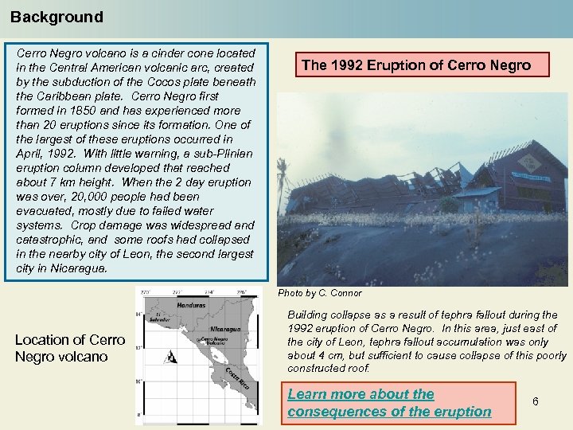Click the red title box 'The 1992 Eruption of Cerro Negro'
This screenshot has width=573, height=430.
(416, 65)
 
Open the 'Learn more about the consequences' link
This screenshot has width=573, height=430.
(389, 403)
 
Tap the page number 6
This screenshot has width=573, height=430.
(536, 401)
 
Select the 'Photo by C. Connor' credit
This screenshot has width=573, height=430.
(319, 293)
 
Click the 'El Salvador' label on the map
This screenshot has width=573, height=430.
(162, 317)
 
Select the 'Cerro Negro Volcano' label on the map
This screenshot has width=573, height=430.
(212, 341)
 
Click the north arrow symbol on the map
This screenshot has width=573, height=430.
(170, 358)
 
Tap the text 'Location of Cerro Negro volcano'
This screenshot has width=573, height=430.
(70, 348)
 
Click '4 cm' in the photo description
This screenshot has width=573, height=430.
(325, 355)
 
